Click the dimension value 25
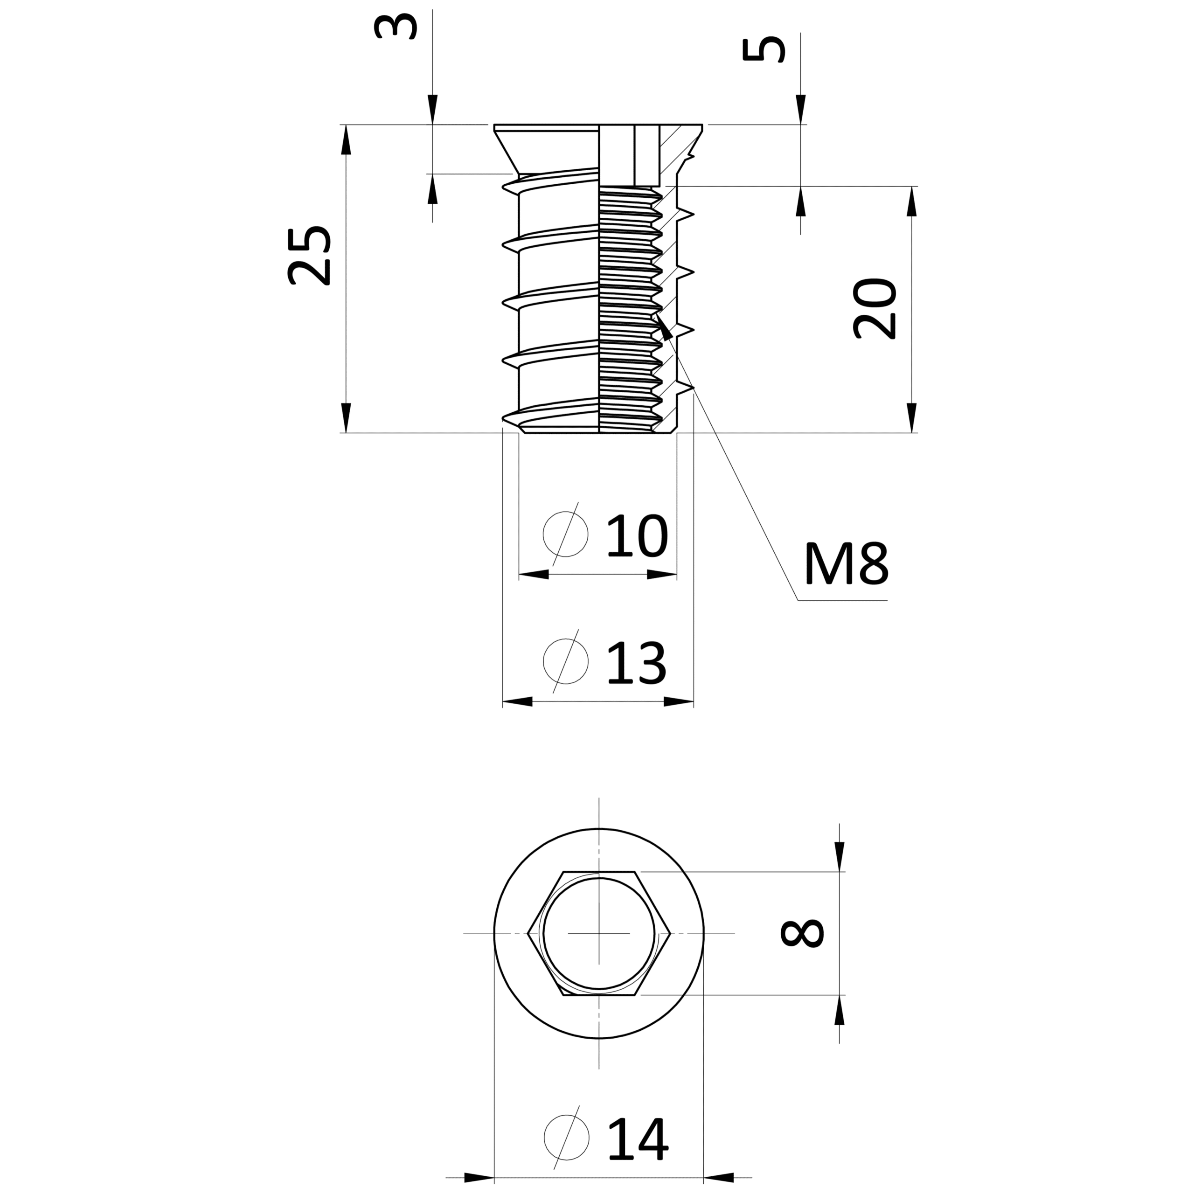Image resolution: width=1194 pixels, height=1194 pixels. coord(310,255)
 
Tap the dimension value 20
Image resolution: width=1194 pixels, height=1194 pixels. coord(875,309)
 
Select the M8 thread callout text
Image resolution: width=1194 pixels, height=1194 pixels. coord(847,563)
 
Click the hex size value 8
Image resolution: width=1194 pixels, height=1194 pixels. coord(802,933)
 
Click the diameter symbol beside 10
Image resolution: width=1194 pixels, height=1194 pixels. coord(565,534)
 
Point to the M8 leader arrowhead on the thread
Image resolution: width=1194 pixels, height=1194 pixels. coord(664,327)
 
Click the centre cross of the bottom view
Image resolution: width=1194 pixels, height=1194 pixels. coord(599,933)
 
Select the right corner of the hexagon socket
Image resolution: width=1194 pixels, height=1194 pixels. coord(671,933)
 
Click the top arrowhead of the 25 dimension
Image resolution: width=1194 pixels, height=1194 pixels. coord(346,139)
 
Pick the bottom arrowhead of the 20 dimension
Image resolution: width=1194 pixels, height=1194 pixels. coord(911,418)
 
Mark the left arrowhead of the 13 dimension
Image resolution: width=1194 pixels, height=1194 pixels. coord(517,701)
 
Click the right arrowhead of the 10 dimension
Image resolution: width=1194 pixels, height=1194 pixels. coord(662,575)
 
